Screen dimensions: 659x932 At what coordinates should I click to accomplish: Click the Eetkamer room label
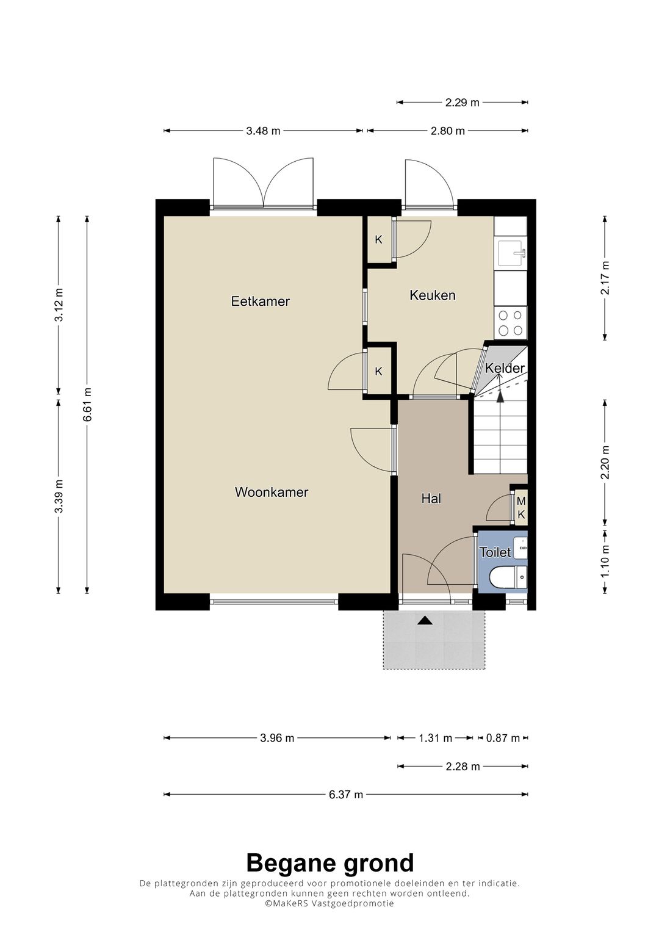(261, 302)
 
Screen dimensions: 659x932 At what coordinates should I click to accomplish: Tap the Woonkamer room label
(272, 492)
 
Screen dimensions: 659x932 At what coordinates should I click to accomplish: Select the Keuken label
(432, 295)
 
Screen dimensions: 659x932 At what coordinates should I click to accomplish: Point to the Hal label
(431, 499)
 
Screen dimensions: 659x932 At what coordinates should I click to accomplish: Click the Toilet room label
(495, 552)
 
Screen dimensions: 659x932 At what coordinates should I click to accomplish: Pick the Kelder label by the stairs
(505, 368)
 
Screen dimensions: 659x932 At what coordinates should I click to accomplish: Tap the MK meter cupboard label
(521, 508)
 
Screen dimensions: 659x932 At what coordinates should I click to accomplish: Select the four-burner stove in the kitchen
(511, 323)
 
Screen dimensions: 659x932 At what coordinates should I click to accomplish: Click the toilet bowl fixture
(508, 577)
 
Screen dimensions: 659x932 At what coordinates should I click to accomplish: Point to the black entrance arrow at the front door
(425, 621)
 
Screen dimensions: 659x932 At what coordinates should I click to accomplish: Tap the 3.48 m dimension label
(263, 131)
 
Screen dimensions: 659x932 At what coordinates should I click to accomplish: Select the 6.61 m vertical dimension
(87, 405)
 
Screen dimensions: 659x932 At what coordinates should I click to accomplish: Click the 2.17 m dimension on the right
(605, 278)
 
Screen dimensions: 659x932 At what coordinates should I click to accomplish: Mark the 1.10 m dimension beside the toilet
(605, 561)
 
